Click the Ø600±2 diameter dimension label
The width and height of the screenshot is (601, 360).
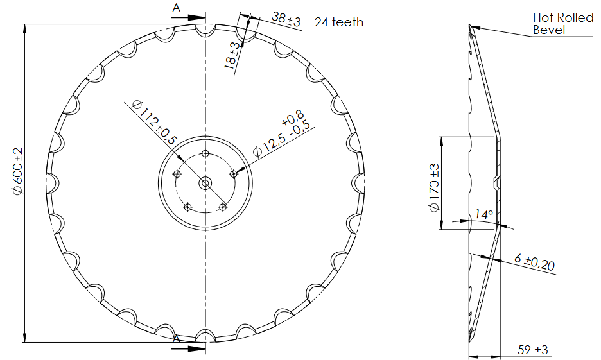click(17, 171)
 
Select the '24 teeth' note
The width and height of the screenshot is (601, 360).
click(339, 22)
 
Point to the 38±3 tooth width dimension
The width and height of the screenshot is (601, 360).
click(286, 19)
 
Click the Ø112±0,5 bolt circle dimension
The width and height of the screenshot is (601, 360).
click(154, 122)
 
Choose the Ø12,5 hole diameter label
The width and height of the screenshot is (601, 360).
click(269, 146)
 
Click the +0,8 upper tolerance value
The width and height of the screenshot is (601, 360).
click(293, 117)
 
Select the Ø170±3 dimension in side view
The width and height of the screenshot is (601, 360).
click(434, 187)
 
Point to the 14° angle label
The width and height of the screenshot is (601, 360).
click(483, 214)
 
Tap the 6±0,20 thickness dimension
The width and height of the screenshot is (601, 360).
click(535, 262)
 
